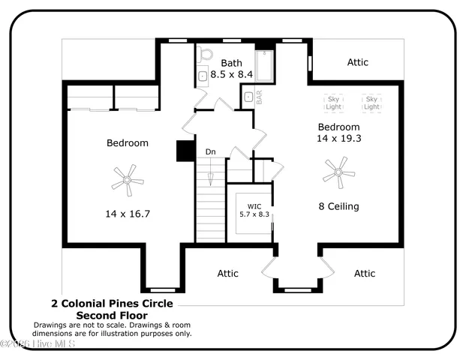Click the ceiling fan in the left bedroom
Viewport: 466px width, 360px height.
coord(128,180)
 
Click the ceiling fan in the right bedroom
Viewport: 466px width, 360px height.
coord(339,173)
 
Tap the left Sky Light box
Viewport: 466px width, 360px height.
coord(333,103)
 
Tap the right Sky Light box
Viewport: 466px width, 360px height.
coord(371,103)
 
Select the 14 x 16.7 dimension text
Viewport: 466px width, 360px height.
coord(128,214)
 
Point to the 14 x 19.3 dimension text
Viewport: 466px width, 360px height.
coord(339,139)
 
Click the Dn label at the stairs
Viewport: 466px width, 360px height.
coord(211,152)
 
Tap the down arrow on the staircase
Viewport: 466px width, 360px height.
coord(211,178)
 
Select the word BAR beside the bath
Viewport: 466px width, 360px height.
coord(259,98)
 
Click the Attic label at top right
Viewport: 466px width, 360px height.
coord(358,62)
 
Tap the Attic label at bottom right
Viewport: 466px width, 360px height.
coord(365,274)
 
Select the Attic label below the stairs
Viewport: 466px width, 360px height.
coord(228,274)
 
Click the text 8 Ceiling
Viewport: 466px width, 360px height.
coord(338,206)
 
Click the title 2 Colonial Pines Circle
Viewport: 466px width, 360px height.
coord(112,304)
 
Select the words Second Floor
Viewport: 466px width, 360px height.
coord(112,316)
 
